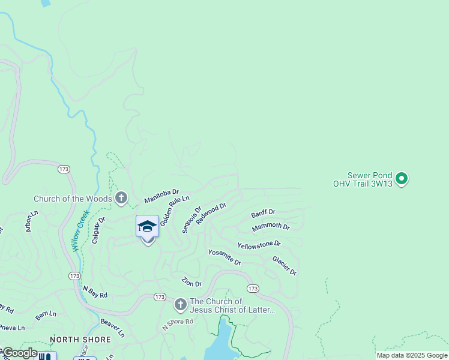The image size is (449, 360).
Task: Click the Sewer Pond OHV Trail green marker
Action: pyautogui.click(x=402, y=178)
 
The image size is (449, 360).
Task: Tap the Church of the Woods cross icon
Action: pyautogui.click(x=121, y=197)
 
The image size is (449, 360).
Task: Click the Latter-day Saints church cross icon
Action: pyautogui.click(x=180, y=305)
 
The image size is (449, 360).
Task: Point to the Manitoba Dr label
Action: pyautogui.click(x=161, y=195)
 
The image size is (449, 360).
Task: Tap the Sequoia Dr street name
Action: pyautogui.click(x=191, y=220)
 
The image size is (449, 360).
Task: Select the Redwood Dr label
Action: pyautogui.click(x=211, y=214)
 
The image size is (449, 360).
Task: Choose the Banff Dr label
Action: pyautogui.click(x=263, y=213)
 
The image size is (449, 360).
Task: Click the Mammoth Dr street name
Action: pyautogui.click(x=271, y=227)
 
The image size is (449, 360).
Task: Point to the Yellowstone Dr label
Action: pyautogui.click(x=259, y=245)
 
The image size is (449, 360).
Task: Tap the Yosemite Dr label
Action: pyautogui.click(x=224, y=257)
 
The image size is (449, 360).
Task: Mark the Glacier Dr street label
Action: pyautogui.click(x=284, y=265)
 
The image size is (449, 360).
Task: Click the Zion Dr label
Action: pyautogui.click(x=191, y=282)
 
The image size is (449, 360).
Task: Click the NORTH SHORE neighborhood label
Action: pyautogui.click(x=80, y=340)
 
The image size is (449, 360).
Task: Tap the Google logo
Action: pyautogui.click(x=19, y=353)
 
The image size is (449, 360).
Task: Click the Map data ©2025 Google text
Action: pyautogui.click(x=412, y=355)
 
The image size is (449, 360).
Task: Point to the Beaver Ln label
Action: pyautogui.click(x=112, y=327)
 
